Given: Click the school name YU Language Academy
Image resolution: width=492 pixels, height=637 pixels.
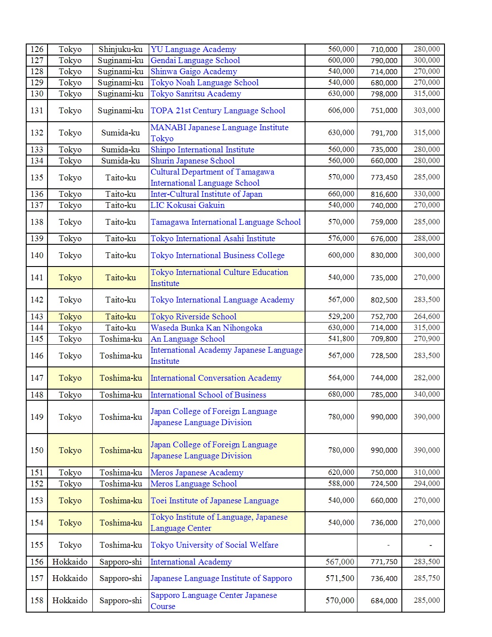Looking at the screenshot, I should (193, 49).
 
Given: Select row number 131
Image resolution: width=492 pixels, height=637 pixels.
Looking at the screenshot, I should (37, 111).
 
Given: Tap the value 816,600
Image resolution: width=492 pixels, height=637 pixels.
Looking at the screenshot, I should (384, 194).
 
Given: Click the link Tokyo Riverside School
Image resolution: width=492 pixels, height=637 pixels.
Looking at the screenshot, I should (193, 317).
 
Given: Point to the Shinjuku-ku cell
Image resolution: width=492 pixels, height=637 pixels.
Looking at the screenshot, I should (120, 49).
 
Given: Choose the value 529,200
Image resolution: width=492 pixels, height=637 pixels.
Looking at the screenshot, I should (341, 316).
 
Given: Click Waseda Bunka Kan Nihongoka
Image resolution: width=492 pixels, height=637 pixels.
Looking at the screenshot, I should (206, 328).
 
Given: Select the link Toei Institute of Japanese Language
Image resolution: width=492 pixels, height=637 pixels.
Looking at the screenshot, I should (214, 501).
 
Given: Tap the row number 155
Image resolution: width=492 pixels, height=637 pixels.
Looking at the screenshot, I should (37, 545).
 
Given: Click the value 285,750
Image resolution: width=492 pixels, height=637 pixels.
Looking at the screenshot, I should (427, 578).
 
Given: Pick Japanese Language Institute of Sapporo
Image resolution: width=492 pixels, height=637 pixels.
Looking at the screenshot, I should (221, 578).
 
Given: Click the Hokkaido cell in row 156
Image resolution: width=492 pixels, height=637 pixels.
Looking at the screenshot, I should (70, 562).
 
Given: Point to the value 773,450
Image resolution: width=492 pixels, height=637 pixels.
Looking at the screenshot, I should (384, 178).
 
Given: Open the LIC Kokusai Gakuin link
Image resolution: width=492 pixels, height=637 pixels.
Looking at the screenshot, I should (187, 205).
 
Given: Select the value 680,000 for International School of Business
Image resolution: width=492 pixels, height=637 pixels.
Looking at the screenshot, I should (341, 394).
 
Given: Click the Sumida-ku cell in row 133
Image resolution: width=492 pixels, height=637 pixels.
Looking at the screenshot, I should (120, 150).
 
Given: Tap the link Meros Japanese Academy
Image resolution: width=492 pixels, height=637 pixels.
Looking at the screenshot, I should (197, 473).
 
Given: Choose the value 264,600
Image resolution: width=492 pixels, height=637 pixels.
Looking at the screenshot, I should (427, 316).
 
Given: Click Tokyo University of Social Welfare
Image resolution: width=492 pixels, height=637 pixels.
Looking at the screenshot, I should (214, 545).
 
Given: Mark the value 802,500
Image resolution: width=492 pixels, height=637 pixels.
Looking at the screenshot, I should (384, 300).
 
